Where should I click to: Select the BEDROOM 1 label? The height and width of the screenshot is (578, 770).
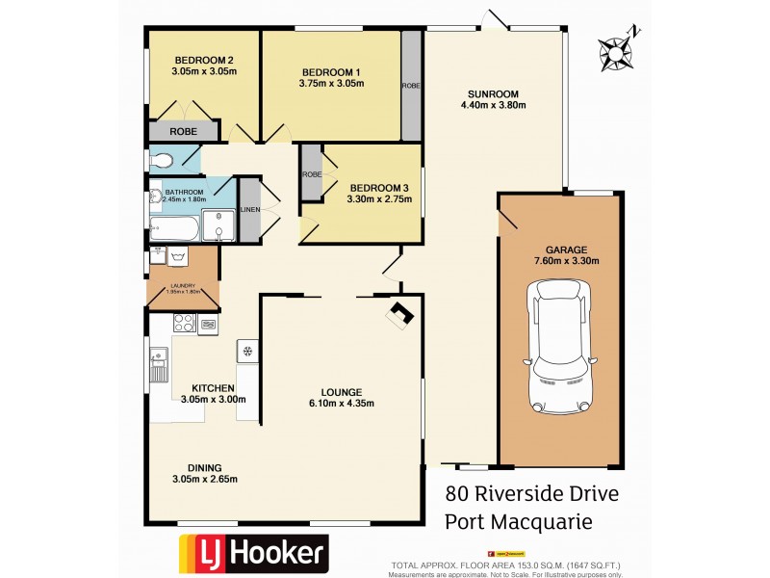tap(330, 72)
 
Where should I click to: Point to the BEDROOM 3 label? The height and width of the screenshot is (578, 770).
tap(378, 187)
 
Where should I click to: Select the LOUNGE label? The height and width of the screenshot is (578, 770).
tap(342, 392)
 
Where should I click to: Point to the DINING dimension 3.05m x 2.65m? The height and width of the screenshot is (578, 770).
tap(204, 480)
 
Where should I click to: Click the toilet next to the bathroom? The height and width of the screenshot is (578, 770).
tap(161, 160)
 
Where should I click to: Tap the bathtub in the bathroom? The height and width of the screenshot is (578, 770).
tap(174, 229)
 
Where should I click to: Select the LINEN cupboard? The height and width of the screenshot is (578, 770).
tap(249, 209)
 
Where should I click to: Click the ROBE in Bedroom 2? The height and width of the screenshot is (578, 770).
tap(183, 131)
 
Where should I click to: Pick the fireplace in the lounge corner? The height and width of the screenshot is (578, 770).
tap(400, 313)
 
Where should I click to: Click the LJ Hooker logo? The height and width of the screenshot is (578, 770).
tap(253, 554)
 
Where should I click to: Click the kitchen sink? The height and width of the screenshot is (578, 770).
tap(159, 364)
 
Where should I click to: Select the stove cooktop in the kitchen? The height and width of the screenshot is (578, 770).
tap(183, 325)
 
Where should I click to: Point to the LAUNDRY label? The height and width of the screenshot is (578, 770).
tap(183, 286)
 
